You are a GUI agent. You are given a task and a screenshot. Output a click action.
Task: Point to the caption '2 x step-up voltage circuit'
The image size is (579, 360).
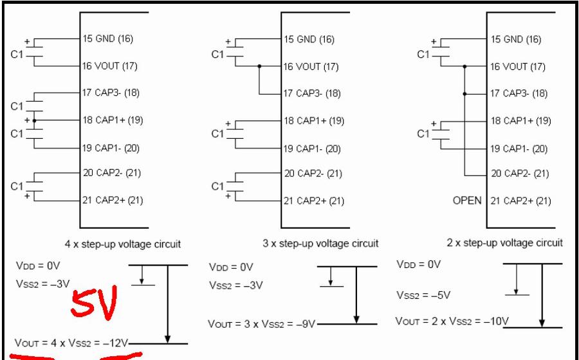pos(504,242)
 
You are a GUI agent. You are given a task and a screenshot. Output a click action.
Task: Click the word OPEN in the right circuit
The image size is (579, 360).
pos(467,201)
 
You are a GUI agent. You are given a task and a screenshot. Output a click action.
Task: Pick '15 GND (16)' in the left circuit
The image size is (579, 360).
pos(107,39)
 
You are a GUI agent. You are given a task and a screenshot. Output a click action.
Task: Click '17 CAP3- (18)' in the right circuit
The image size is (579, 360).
pos(519,93)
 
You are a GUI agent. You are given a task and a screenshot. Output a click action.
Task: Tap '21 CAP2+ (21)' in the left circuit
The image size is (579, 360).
pos(113,200)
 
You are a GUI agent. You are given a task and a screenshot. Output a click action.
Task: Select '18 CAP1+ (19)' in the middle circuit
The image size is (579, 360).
pos(313,121)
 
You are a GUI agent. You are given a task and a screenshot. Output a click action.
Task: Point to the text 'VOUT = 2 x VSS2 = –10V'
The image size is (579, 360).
pos(452,321)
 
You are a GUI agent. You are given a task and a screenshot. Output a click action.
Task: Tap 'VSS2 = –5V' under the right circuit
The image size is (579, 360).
pos(423,295)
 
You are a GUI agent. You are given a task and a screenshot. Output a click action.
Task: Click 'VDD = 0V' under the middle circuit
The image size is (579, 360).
pos(231,267)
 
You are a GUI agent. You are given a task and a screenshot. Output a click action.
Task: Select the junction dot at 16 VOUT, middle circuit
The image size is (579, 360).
pos(259,66)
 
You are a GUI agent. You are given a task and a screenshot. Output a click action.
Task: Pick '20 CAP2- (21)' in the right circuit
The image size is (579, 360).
pos(520,174)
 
